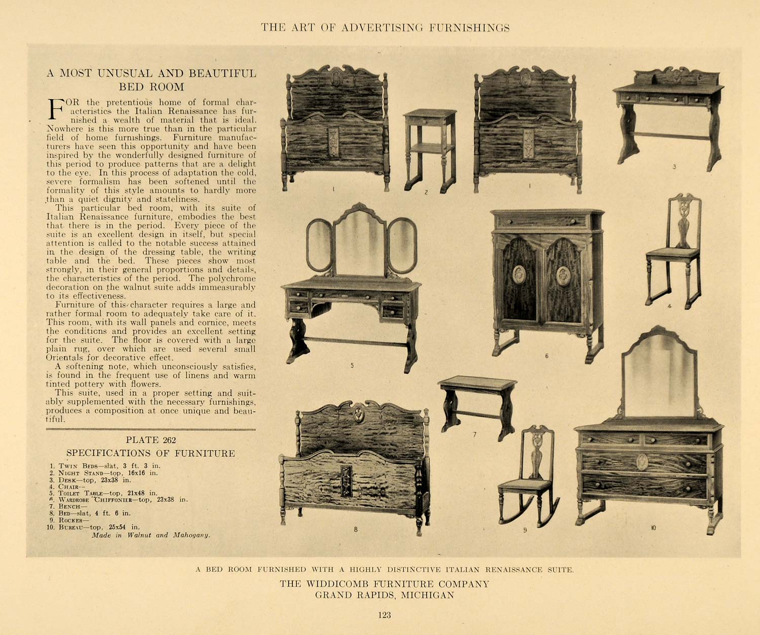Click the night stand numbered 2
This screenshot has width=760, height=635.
[x=430, y=150]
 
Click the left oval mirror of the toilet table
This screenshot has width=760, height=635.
[x=320, y=245]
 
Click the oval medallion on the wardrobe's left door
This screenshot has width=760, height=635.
[x=519, y=275]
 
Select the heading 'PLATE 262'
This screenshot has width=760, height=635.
[x=151, y=440]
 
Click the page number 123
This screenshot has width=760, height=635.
[x=384, y=615]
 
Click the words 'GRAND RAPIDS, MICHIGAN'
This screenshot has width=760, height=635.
[x=384, y=595]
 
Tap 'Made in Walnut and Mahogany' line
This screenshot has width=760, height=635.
[x=150, y=535]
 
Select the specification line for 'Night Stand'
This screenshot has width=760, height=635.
[x=104, y=472]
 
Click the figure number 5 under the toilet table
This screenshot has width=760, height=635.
[x=352, y=365]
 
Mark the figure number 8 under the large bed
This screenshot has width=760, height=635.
[x=356, y=529]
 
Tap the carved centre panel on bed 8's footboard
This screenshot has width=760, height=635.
[x=347, y=480]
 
